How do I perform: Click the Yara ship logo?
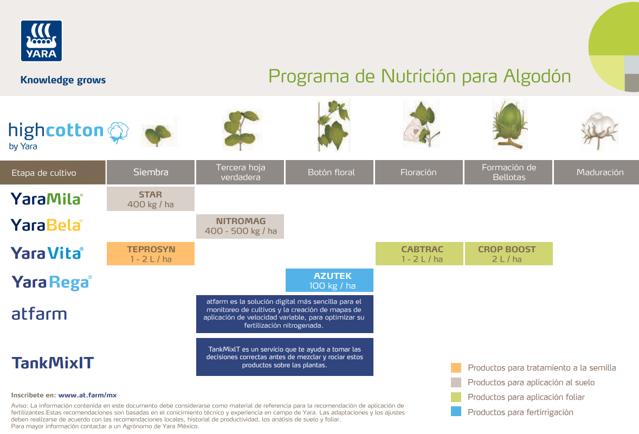tap(41, 41)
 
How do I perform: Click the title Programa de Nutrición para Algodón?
tap(419, 76)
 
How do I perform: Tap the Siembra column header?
tap(151, 173)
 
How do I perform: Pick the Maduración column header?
tap(599, 173)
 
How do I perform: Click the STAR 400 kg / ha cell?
tap(151, 199)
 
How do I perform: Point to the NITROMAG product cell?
tap(241, 226)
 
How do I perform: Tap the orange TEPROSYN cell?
tap(151, 254)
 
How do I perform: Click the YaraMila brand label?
tap(47, 199)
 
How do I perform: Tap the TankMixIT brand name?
tap(53, 363)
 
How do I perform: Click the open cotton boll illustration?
tap(599, 129)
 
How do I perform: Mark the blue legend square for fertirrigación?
tap(456, 412)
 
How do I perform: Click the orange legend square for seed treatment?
tap(456, 368)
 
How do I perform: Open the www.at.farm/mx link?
tap(87, 395)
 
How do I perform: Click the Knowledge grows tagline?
tap(63, 80)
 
